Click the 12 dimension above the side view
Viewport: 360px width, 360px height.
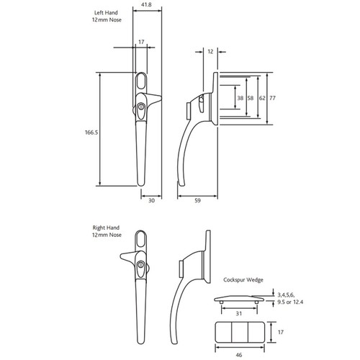210,52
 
